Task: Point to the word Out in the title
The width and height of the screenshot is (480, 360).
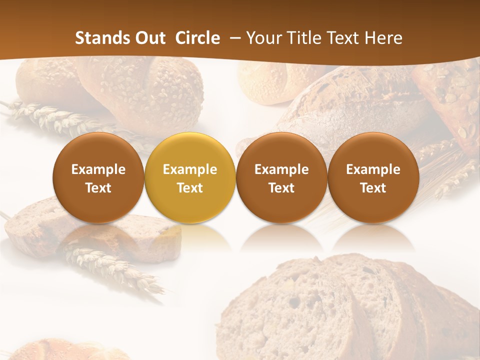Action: (x=149, y=38)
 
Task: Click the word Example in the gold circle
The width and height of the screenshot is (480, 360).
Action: (x=190, y=169)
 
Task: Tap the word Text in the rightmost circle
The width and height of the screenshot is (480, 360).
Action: (x=373, y=188)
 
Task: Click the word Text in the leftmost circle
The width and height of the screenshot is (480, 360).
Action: (x=98, y=188)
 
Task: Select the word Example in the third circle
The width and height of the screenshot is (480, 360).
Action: (x=281, y=169)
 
